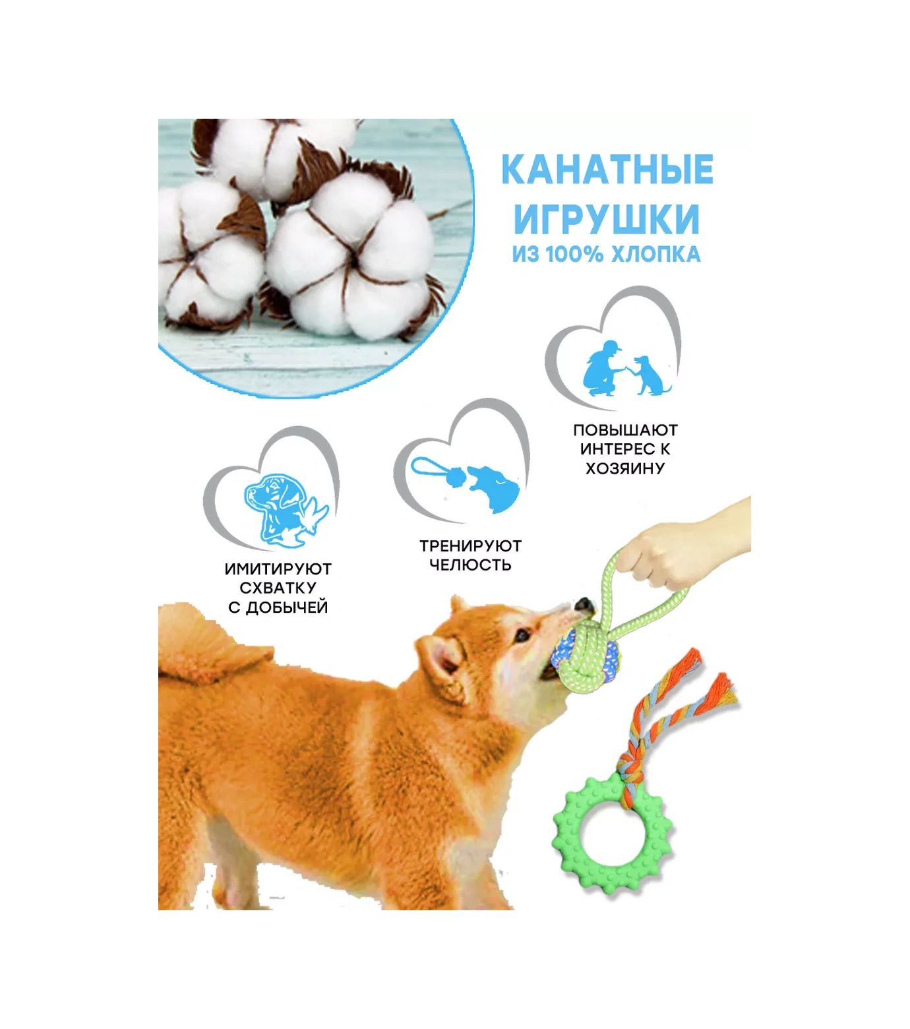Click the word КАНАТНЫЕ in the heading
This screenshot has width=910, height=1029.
click(607, 170)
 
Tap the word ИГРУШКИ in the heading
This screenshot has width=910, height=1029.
click(606, 219)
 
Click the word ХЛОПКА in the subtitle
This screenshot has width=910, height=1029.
click(655, 255)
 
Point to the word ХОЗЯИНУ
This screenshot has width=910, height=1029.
click(625, 468)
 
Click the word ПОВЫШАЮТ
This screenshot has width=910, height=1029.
click(625, 430)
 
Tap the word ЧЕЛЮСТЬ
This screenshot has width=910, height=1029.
click(470, 565)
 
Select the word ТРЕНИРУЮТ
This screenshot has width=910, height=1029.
click(470, 546)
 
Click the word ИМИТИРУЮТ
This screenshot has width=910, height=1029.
click(278, 569)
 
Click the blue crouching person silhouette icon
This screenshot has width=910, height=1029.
click(603, 369)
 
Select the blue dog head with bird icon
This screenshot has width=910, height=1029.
click(284, 508)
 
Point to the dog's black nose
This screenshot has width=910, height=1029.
click(583, 605)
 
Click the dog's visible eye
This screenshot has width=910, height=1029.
click(522, 637)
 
